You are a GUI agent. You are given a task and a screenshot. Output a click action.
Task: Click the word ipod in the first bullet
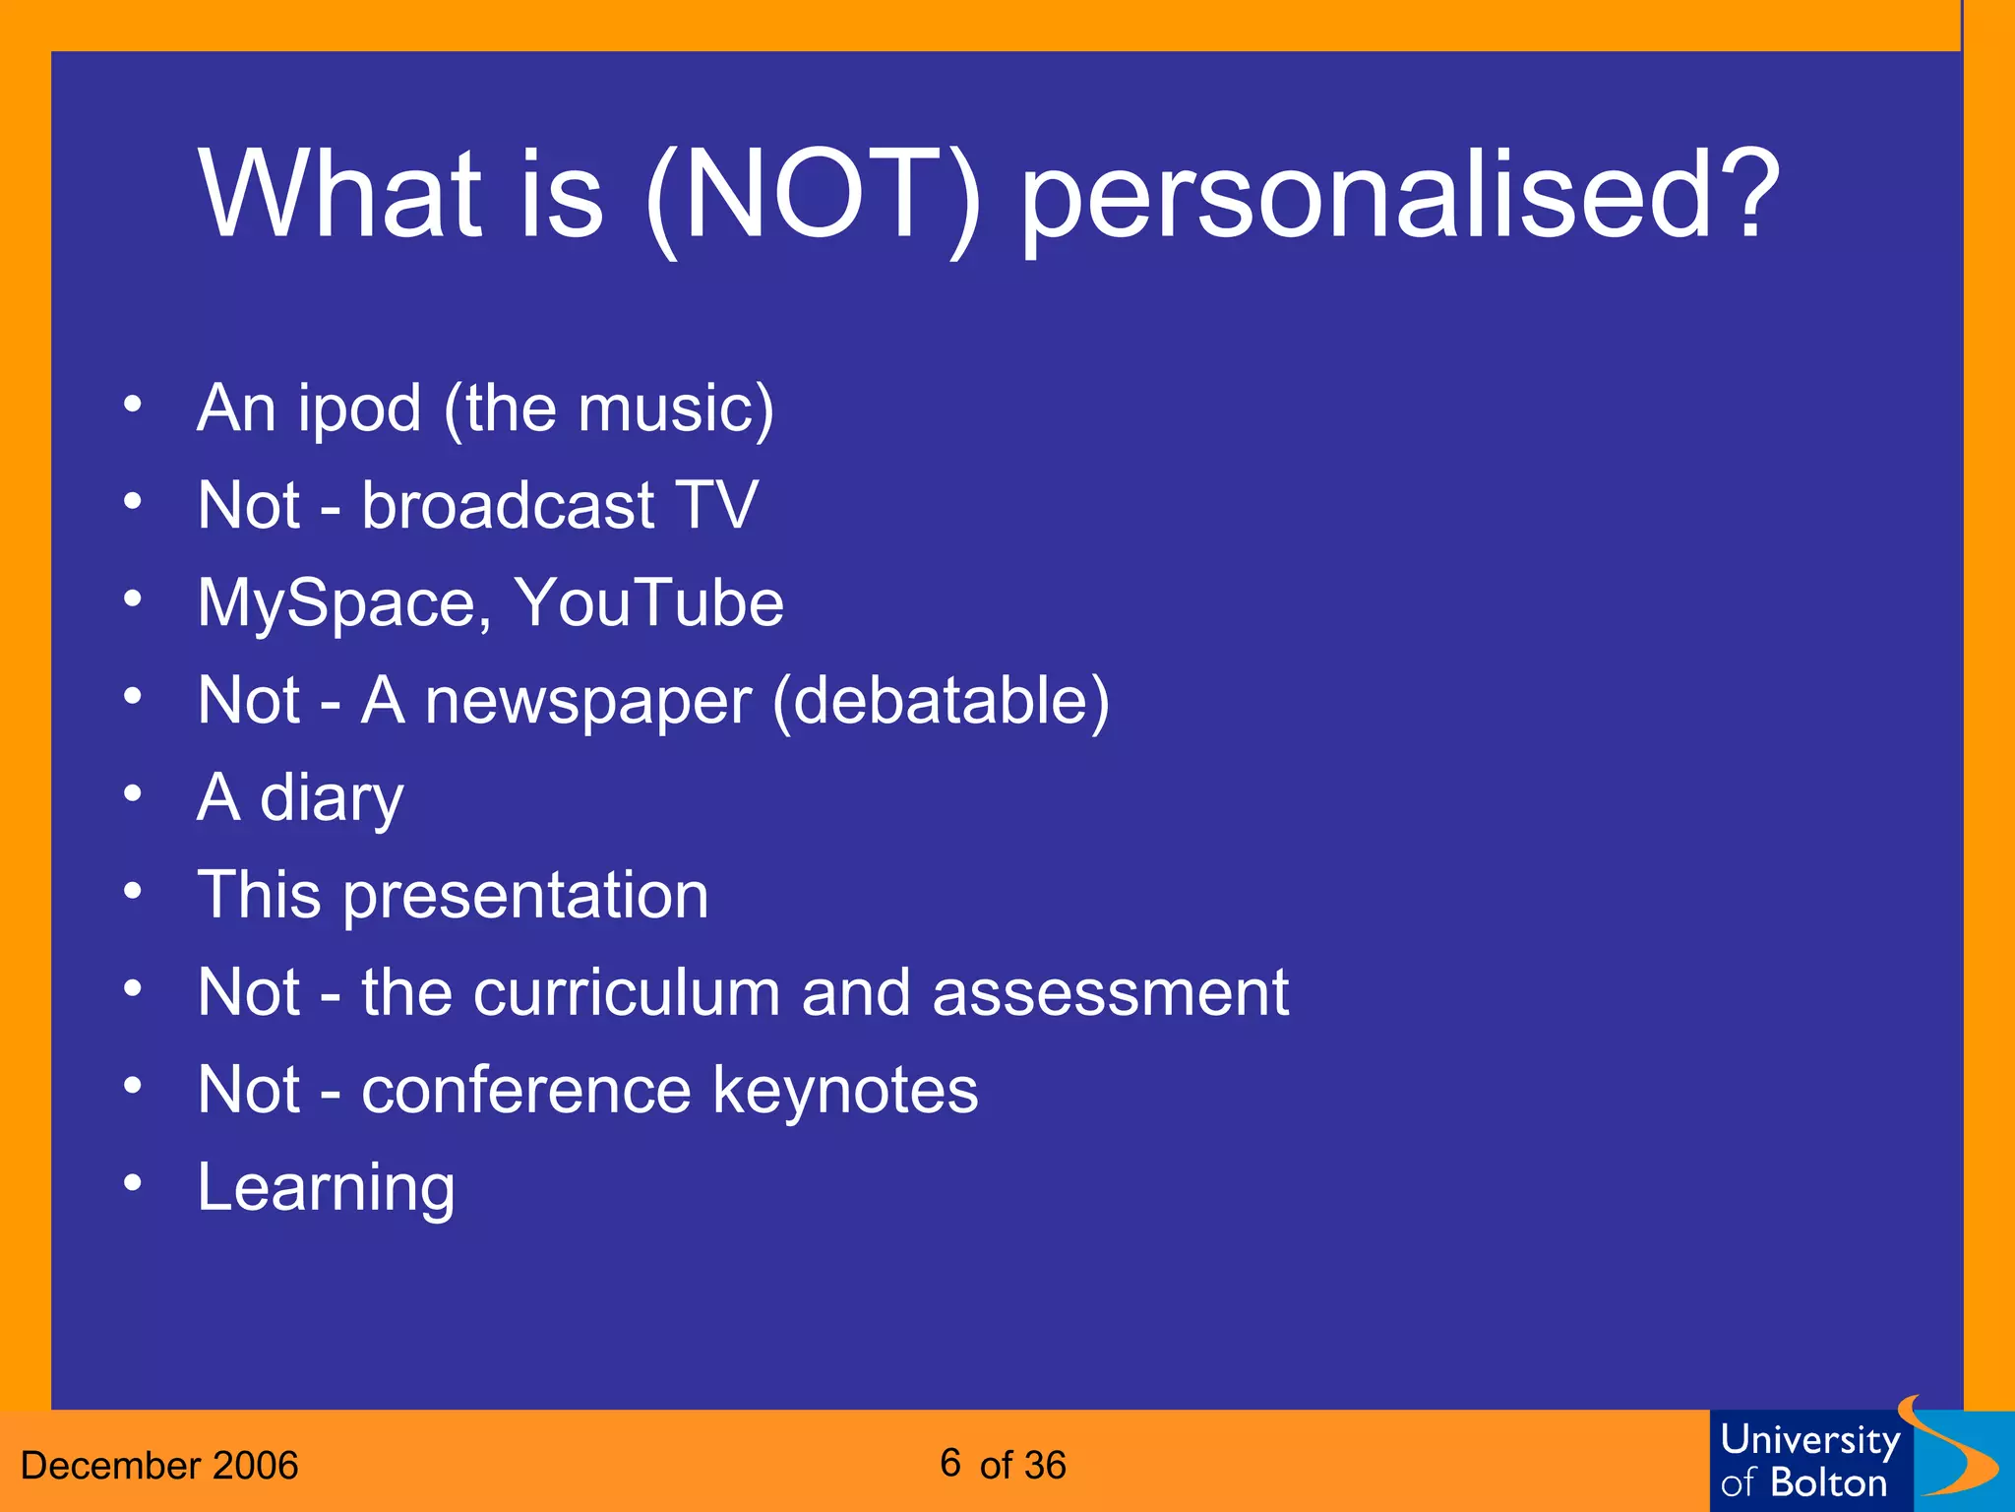[x=359, y=409]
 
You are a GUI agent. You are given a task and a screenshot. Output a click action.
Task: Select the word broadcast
[x=508, y=505]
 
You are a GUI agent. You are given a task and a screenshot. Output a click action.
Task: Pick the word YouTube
[x=649, y=602]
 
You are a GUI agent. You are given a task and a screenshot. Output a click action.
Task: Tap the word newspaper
[x=588, y=702]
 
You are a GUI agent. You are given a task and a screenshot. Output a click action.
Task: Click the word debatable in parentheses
[x=941, y=701]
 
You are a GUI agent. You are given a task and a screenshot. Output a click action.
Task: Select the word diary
[x=332, y=798]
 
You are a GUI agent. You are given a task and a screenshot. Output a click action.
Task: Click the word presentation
[x=525, y=896]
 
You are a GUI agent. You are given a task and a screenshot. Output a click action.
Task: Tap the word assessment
[x=1110, y=992]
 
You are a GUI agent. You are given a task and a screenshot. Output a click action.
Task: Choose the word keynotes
[x=845, y=1090]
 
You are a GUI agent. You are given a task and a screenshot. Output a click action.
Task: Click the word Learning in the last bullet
[x=326, y=1188]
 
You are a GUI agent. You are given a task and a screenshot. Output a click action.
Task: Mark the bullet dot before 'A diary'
[x=133, y=793]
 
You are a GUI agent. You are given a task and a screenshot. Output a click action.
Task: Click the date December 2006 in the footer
[x=159, y=1466]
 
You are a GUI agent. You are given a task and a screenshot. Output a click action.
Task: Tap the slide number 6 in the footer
[x=949, y=1463]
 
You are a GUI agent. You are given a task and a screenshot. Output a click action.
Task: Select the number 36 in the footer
[x=1044, y=1466]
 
